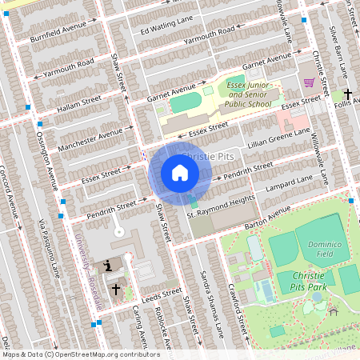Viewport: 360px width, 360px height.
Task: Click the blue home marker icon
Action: tap(180, 173)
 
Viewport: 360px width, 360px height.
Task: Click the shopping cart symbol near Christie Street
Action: tap(308, 82)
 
